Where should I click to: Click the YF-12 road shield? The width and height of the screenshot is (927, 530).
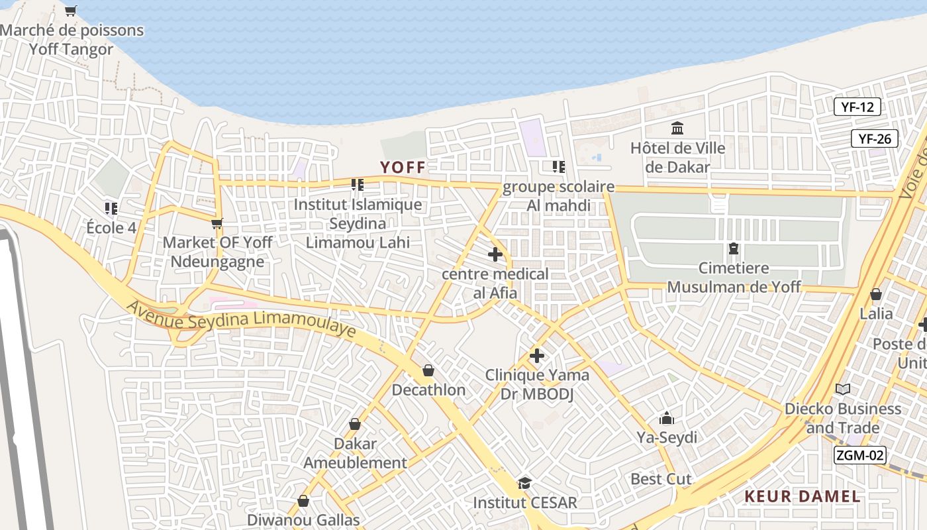pyautogui.click(x=857, y=107)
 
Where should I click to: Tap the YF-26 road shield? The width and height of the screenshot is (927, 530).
pyautogui.click(x=874, y=138)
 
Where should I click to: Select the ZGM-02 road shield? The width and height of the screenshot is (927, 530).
pyautogui.click(x=859, y=455)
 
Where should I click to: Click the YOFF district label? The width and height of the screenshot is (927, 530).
pyautogui.click(x=402, y=167)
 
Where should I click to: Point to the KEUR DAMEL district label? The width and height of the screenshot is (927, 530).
pyautogui.click(x=803, y=496)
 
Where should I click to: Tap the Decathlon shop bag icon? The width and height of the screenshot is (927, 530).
pyautogui.click(x=428, y=370)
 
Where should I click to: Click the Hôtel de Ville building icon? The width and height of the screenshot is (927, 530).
pyautogui.click(x=677, y=128)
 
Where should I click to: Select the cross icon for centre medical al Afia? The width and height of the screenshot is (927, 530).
pyautogui.click(x=495, y=254)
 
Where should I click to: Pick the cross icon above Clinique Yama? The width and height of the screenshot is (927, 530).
pyautogui.click(x=536, y=356)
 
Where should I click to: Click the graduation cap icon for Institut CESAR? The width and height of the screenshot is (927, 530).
pyautogui.click(x=524, y=482)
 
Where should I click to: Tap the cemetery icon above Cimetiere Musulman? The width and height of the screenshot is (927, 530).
pyautogui.click(x=733, y=249)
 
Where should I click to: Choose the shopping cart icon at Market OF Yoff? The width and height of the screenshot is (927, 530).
pyautogui.click(x=217, y=223)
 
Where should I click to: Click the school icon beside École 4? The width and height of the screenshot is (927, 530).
pyautogui.click(x=111, y=209)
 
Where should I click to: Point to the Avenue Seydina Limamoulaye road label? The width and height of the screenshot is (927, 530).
pyautogui.click(x=240, y=321)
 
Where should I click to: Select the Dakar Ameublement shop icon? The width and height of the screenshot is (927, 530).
pyautogui.click(x=355, y=424)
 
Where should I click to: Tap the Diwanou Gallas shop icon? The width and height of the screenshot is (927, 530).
pyautogui.click(x=303, y=501)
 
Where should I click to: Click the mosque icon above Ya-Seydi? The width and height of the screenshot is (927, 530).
pyautogui.click(x=666, y=418)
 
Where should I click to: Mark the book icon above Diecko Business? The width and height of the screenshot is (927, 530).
pyautogui.click(x=842, y=389)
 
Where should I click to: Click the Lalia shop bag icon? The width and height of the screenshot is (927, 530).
pyautogui.click(x=875, y=293)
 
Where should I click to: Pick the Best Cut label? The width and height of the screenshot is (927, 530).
pyautogui.click(x=661, y=479)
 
